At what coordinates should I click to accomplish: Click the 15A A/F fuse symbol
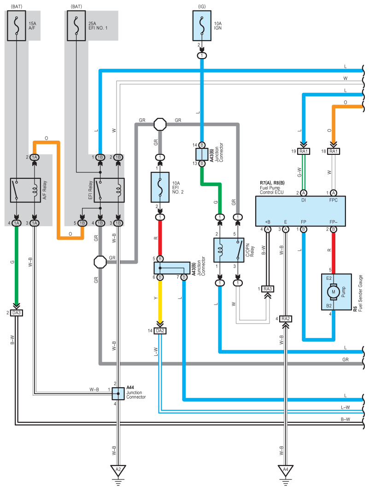coord(17,26)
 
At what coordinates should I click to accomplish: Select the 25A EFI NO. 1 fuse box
coord(76,26)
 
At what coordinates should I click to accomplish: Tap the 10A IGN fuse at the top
coord(202,26)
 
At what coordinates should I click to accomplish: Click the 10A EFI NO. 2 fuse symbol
coord(160,187)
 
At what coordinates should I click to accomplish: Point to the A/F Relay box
coord(26,190)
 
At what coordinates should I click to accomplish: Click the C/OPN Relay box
coord(229,250)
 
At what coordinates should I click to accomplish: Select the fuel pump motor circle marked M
coord(334,292)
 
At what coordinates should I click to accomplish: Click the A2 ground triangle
coord(118,470)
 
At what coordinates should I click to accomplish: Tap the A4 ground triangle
coord(286,470)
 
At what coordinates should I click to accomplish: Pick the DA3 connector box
coord(17,313)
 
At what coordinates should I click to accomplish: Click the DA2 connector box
coord(160,331)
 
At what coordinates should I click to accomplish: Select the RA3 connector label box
coord(268,289)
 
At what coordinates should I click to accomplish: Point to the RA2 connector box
coord(286,319)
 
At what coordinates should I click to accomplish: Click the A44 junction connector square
coord(118,394)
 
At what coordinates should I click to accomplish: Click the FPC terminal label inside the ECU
coord(334,200)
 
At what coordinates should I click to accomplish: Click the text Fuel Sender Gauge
coord(361,293)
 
